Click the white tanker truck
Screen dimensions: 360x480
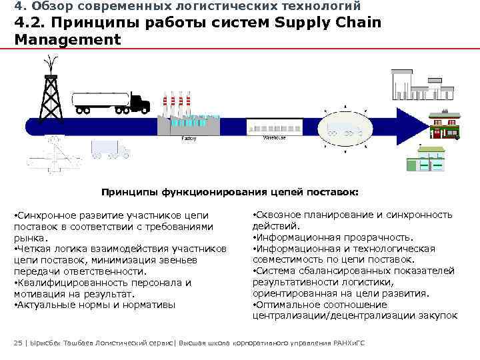coord(109,102)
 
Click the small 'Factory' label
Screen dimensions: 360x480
coord(189,139)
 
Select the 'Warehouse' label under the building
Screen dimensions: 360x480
coord(274,138)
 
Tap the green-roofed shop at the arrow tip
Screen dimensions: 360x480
coord(443,125)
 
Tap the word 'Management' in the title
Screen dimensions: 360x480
coord(67,39)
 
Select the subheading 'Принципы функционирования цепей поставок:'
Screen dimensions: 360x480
coord(230,192)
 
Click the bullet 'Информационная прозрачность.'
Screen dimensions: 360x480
coord(333,237)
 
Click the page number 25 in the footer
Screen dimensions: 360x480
coord(17,343)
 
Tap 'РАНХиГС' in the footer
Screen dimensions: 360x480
coord(353,343)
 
